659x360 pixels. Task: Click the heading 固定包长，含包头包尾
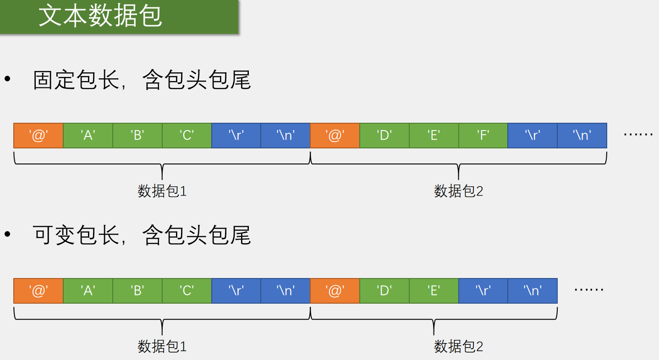tap(142, 80)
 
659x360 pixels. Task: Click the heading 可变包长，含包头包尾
tap(142, 235)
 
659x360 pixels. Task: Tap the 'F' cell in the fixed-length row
tap(483, 135)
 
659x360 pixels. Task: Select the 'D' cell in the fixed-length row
tap(384, 135)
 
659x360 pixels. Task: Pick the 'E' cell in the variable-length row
tap(434, 290)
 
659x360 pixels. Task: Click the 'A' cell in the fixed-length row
tap(88, 135)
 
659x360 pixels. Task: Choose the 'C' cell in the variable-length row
tap(187, 290)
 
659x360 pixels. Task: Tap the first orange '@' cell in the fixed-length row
tap(38, 135)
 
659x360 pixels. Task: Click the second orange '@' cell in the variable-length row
tap(335, 290)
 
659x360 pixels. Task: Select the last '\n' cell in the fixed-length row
tap(582, 135)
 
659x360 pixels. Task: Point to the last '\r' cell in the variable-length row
tap(483, 290)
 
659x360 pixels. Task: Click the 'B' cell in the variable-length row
tap(137, 290)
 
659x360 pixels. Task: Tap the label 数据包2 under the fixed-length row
tap(458, 191)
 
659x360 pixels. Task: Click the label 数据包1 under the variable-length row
tap(162, 346)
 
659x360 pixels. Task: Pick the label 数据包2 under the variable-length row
tap(458, 346)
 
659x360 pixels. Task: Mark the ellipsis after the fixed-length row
tap(638, 135)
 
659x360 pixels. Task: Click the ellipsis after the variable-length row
tap(589, 290)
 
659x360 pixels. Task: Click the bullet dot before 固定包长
tap(7, 79)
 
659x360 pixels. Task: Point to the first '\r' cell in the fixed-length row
tap(236, 135)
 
